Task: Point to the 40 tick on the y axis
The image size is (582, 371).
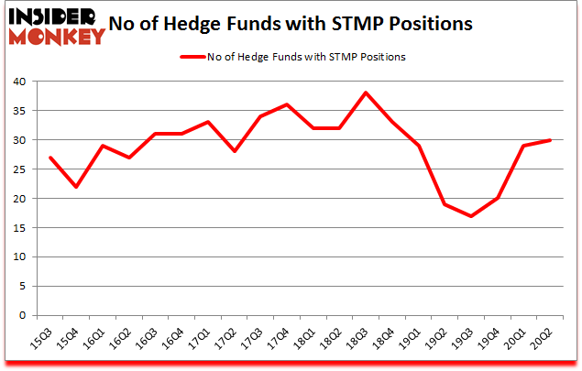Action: (21, 82)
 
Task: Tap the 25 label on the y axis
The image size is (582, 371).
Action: (21, 169)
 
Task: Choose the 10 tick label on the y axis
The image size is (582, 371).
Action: (21, 256)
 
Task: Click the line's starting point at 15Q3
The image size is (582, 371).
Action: (49, 158)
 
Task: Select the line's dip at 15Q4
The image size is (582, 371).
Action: (76, 187)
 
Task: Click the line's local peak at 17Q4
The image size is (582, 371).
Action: (287, 104)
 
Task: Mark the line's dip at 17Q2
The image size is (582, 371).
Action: (235, 151)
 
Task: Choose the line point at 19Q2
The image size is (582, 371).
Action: (445, 203)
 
